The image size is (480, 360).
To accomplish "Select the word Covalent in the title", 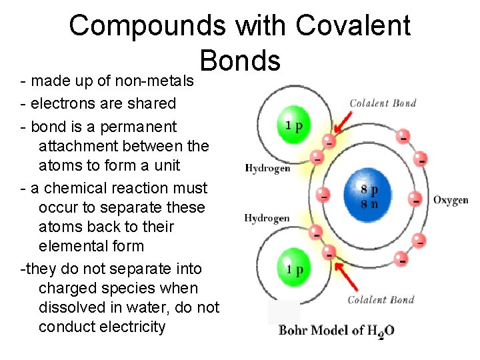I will (353, 26).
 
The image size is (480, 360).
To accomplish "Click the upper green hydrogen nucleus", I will (293, 125).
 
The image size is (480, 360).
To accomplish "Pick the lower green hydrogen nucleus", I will (293, 269).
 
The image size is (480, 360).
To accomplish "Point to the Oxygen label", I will (450, 200).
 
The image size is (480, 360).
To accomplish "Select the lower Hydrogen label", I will (267, 218).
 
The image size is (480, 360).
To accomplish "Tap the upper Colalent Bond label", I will (383, 103).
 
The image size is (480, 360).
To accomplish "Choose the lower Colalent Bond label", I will (381, 299).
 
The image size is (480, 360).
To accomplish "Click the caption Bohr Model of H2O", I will (336, 331).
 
